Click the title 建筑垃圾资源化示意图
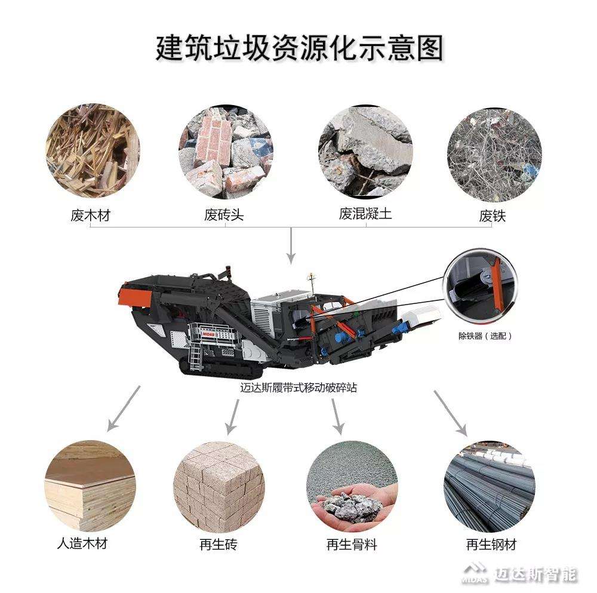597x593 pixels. (299, 48)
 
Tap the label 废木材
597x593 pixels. (90, 216)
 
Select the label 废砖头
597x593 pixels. (224, 215)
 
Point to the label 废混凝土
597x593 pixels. (365, 213)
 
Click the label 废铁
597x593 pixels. (493, 216)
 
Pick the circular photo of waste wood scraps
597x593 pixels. (93, 150)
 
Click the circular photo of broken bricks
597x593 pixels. (226, 152)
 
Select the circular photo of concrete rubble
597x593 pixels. (365, 152)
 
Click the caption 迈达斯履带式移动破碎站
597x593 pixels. (298, 388)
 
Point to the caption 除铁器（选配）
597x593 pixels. (485, 336)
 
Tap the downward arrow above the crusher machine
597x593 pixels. (291, 246)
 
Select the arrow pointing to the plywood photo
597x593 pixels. (124, 408)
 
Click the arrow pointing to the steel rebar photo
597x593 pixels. (450, 413)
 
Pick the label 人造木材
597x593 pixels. (82, 543)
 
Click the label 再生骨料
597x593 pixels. (352, 545)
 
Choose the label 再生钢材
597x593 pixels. (491, 545)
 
